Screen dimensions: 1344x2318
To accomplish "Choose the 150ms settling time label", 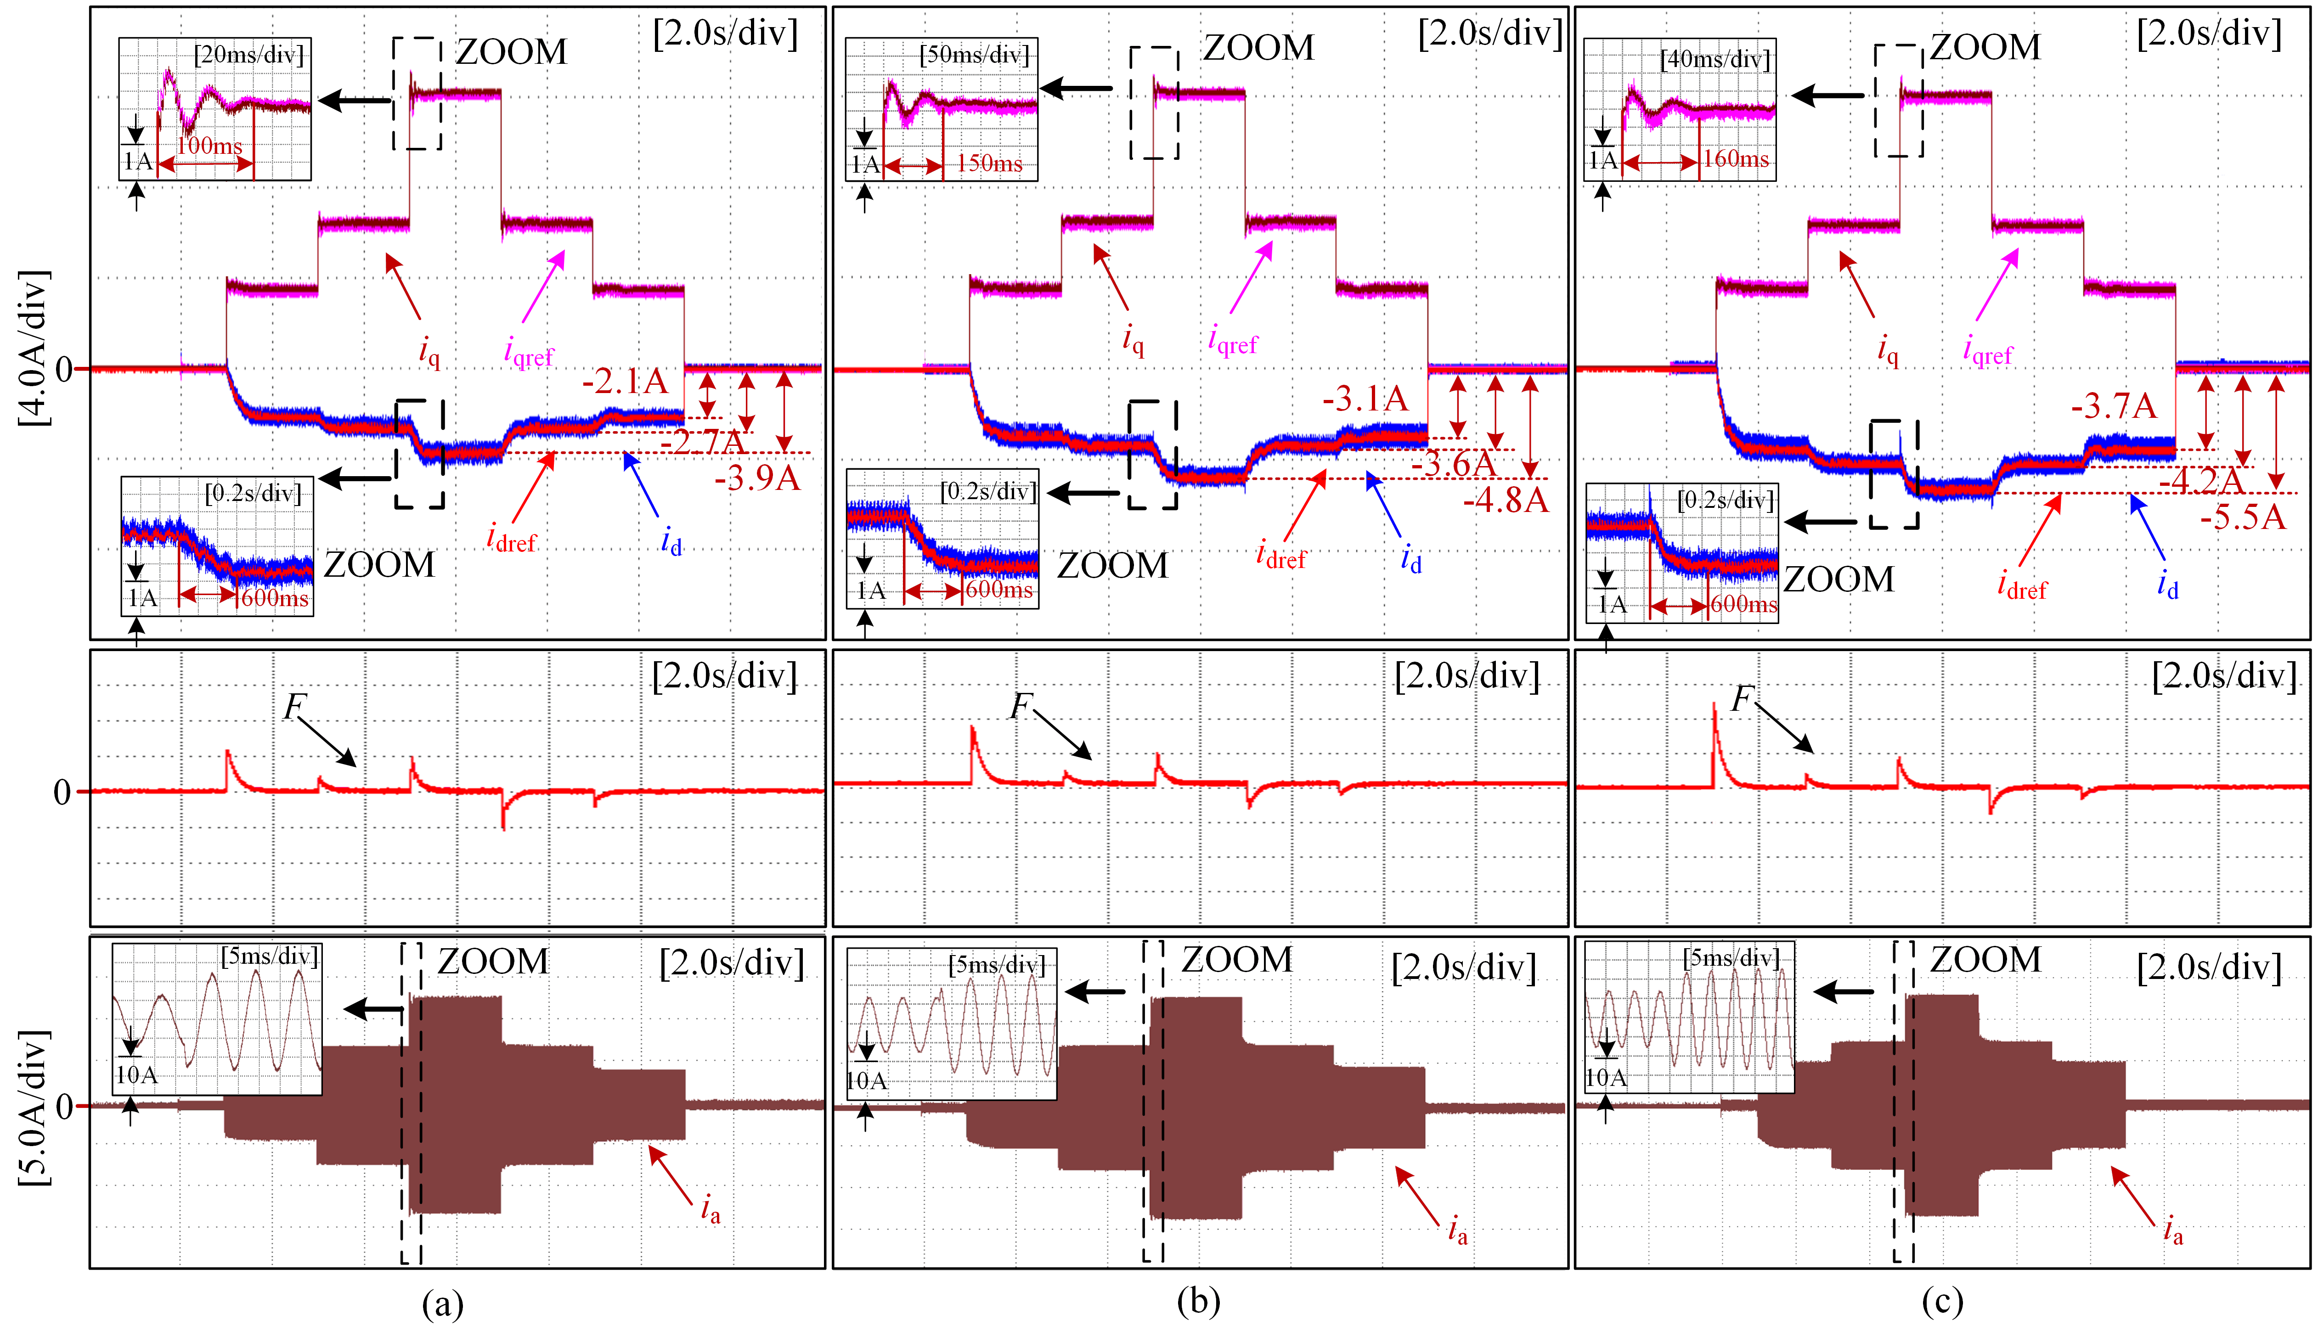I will click(990, 164).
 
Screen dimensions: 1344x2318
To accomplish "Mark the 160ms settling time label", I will click(1736, 159).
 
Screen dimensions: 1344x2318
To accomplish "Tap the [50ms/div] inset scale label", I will click(975, 55).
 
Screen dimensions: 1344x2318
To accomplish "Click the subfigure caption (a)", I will click(442, 1303).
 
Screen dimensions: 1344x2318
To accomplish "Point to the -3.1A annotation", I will click(1365, 399).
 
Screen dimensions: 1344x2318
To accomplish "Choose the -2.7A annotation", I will click(702, 443).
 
